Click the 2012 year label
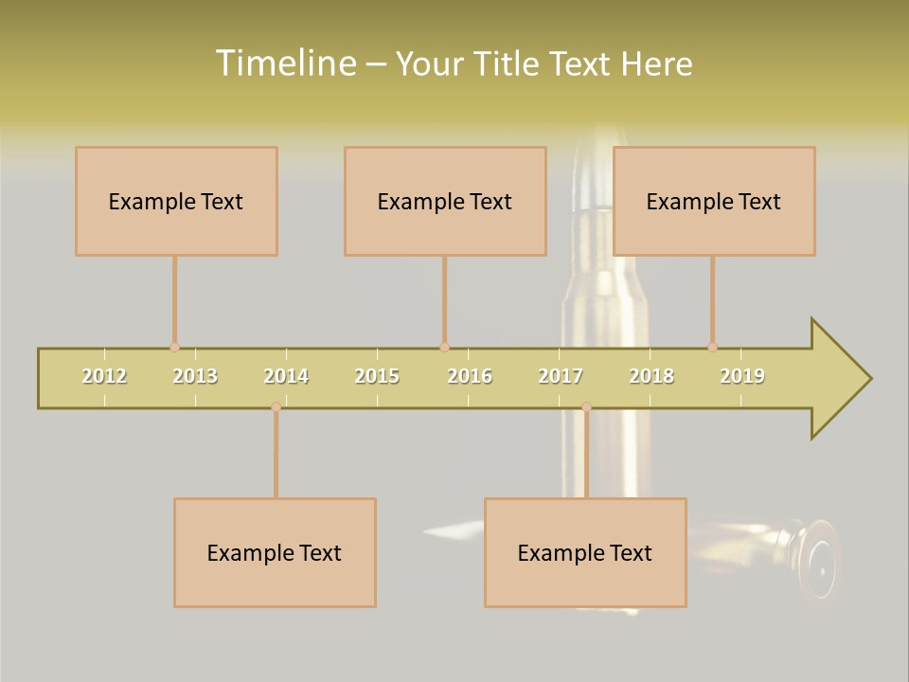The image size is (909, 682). tap(104, 376)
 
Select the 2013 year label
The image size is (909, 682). tap(195, 376)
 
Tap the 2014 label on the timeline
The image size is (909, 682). tap(286, 376)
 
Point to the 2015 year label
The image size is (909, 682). tap(377, 376)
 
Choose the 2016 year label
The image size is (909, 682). tap(470, 376)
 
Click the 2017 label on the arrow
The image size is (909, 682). tap(561, 376)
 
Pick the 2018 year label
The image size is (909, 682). tap(651, 376)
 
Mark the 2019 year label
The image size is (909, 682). tap(742, 376)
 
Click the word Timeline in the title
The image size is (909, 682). tap(285, 63)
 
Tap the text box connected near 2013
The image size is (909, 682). tap(176, 201)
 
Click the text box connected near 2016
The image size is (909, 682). tap(445, 201)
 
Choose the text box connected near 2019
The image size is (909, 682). tap(714, 201)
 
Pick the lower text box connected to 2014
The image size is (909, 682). tap(275, 552)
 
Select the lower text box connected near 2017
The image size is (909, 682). tap(585, 552)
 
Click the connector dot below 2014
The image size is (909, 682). tap(276, 406)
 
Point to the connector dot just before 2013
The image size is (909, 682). tap(174, 348)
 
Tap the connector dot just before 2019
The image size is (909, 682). tap(712, 348)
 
